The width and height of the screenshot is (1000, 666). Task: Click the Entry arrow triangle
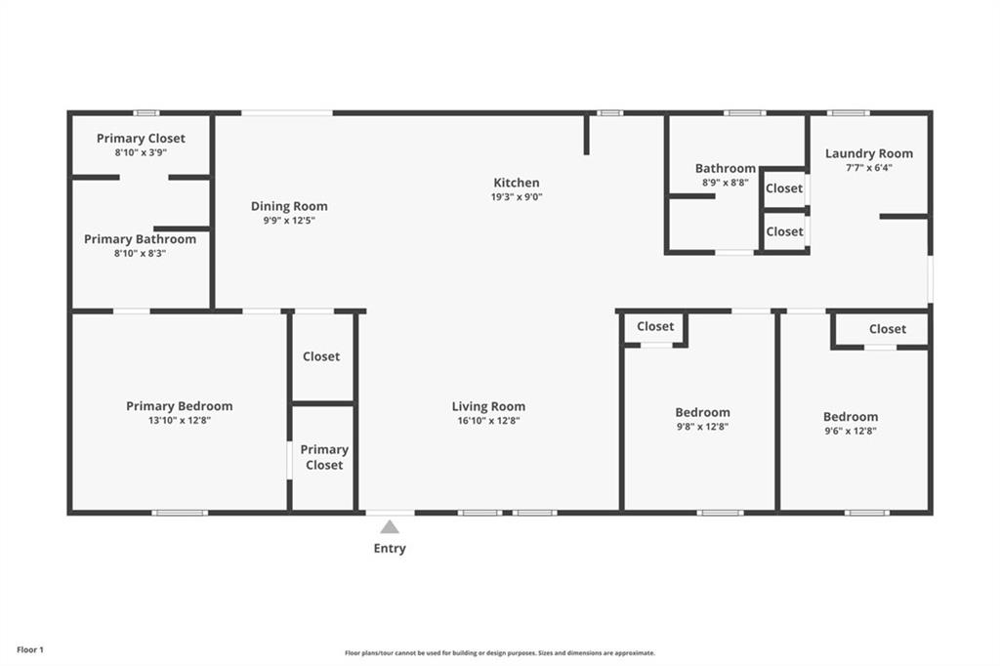(390, 527)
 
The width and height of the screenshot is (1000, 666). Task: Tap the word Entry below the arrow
(390, 548)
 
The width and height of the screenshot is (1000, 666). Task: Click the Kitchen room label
(517, 183)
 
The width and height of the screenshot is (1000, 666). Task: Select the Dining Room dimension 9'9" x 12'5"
(289, 221)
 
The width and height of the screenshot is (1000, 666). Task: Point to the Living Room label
(488, 406)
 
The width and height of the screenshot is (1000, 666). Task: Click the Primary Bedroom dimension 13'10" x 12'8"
(180, 420)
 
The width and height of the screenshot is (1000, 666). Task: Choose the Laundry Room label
(868, 153)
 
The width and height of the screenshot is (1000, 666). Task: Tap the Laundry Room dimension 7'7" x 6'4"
(868, 168)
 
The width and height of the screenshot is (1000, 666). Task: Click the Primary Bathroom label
(141, 239)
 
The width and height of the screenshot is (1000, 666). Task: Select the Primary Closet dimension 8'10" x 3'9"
(141, 152)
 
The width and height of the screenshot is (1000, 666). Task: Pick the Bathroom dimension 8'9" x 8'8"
(726, 183)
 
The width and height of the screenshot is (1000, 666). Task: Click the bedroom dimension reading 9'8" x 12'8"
(702, 427)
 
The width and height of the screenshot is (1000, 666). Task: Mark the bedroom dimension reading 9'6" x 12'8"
(851, 431)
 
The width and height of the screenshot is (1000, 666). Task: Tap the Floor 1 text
(30, 650)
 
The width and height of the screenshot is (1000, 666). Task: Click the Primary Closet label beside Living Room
(324, 457)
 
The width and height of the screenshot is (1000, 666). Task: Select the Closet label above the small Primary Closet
(320, 356)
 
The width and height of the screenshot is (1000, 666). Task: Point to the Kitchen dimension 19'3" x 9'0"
(517, 197)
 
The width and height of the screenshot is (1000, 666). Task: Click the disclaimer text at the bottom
(500, 653)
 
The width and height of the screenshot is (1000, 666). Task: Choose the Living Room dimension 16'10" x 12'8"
(488, 420)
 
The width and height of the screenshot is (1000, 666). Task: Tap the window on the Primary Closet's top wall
(146, 113)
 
